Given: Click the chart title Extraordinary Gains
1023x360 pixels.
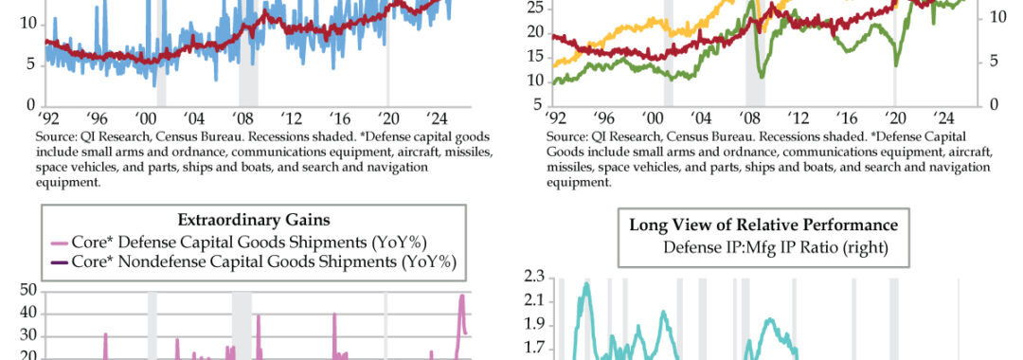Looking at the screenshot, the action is (253, 221).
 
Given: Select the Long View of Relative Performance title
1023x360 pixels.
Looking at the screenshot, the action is (763, 225).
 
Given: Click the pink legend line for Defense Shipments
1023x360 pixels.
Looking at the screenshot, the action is (59, 243).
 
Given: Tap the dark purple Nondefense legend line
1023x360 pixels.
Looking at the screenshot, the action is (59, 262).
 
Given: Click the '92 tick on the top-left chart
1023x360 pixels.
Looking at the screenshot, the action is (48, 118).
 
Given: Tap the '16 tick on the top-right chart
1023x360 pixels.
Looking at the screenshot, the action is (847, 118).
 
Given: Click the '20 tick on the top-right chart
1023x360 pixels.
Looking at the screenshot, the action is (895, 118).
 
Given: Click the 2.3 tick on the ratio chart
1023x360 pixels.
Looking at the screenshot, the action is (533, 278).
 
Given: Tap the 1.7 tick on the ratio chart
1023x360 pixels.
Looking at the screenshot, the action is (533, 349).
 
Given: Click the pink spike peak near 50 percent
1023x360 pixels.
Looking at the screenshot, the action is (462, 296).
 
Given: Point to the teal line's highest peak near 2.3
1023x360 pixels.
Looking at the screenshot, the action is (586, 283).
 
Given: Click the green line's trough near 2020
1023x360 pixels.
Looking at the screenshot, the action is (896, 64).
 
